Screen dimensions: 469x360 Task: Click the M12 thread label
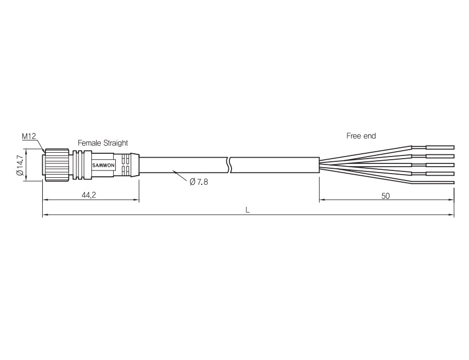[29, 136]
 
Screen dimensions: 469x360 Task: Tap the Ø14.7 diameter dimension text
[20, 165]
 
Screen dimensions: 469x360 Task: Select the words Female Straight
[103, 143]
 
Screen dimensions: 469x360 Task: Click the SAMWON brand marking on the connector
[103, 166]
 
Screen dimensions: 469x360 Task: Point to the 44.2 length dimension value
[89, 195]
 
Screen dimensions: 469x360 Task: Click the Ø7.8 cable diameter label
[199, 182]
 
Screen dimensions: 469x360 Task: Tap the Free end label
[361, 136]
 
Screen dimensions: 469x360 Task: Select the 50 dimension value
[386, 196]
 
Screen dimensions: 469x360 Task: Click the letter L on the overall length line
[248, 210]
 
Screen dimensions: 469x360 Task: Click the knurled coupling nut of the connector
[56, 165]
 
